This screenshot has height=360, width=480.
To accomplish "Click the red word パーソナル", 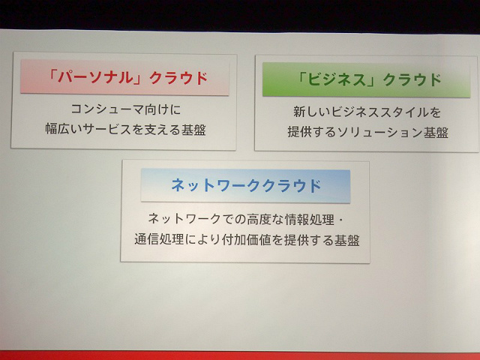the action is click(x=95, y=78).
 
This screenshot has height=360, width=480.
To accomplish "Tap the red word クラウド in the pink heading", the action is click(x=178, y=78).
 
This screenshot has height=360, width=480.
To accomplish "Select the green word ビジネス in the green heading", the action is click(x=336, y=80).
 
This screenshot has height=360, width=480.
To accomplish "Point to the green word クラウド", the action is click(x=412, y=80).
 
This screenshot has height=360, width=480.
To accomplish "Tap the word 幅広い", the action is click(x=64, y=129).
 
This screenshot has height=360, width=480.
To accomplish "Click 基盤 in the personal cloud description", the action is click(x=193, y=130).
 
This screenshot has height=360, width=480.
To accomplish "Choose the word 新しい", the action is click(x=312, y=112).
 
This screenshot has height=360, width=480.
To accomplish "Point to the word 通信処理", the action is click(x=159, y=239).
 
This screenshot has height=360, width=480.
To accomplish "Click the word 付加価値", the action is click(x=246, y=239).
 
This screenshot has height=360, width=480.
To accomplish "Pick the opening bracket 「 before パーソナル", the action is click(x=52, y=76).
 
